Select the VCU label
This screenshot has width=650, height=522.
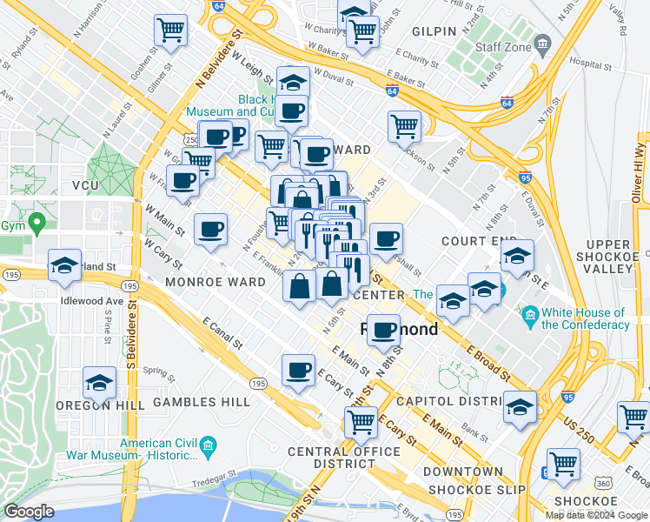pyautogui.click(x=86, y=185)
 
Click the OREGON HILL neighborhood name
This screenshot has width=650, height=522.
pyautogui.click(x=94, y=404)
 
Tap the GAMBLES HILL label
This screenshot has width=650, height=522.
pyautogui.click(x=202, y=402)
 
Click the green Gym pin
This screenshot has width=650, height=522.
pyautogui.click(x=36, y=224)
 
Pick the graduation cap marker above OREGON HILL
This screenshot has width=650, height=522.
pyautogui.click(x=100, y=382)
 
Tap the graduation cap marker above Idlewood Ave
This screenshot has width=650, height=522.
pyautogui.click(x=64, y=264)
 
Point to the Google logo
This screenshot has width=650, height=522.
pyautogui.click(x=30, y=512)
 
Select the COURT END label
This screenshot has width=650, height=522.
pyautogui.click(x=473, y=240)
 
